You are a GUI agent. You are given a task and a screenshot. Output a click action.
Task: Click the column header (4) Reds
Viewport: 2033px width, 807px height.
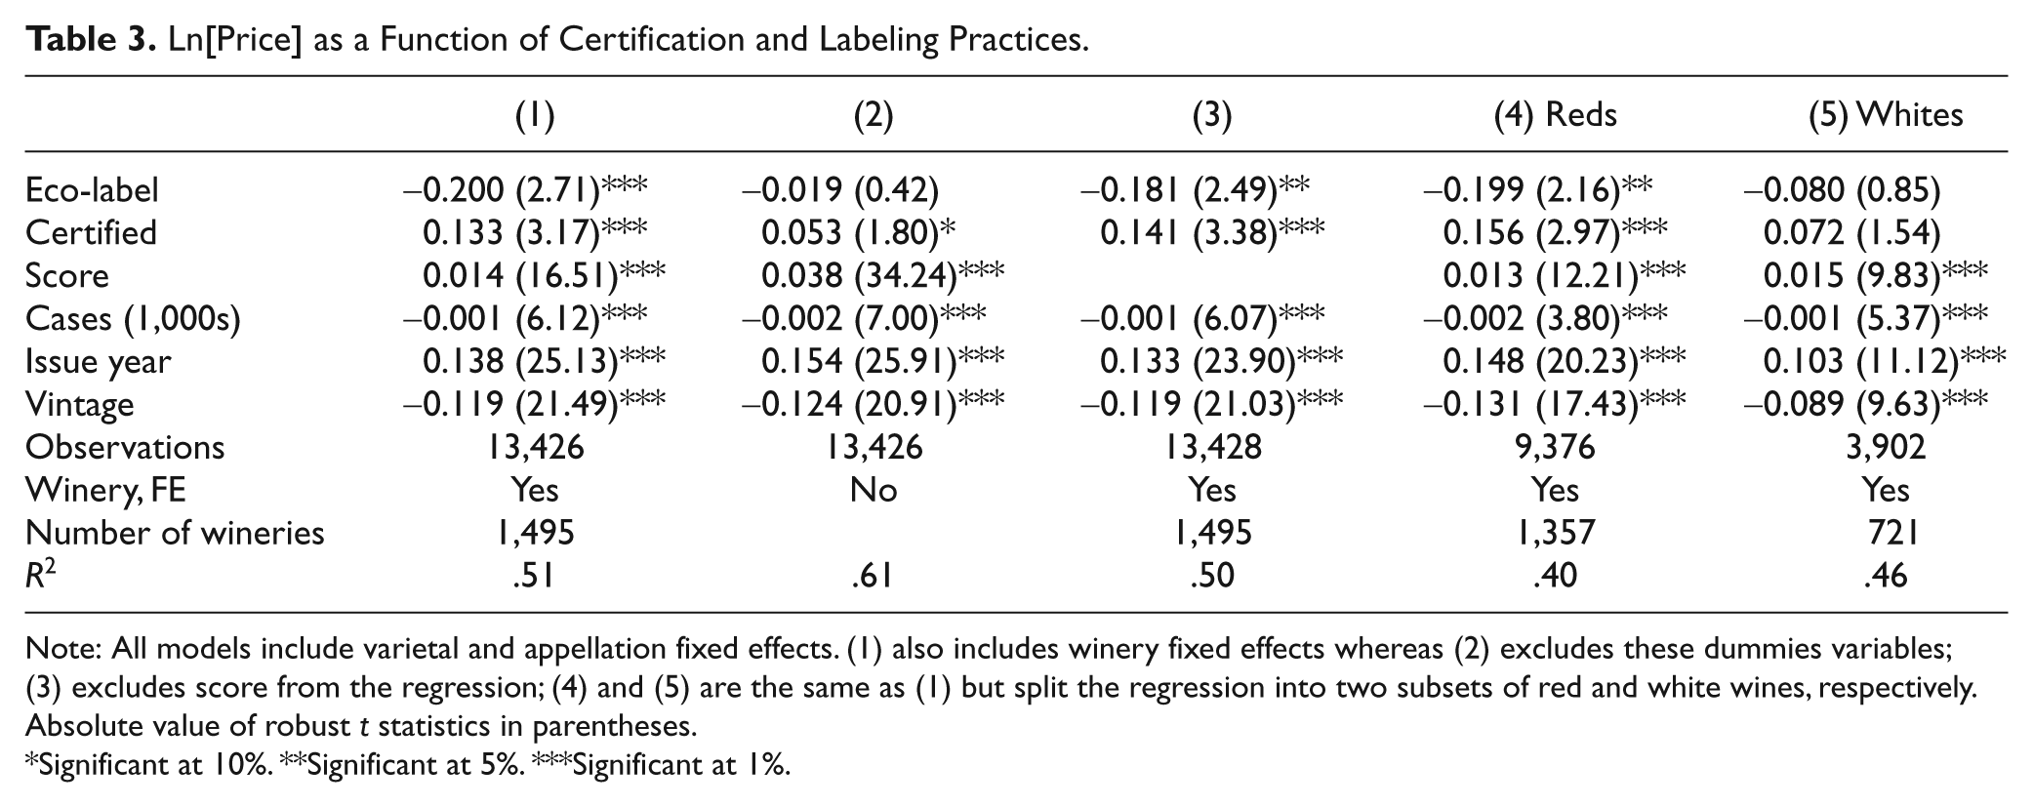click(1556, 115)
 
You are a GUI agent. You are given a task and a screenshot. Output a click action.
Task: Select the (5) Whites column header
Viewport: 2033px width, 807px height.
click(1886, 115)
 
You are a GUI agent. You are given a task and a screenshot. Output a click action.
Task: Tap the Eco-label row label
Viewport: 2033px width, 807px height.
click(92, 189)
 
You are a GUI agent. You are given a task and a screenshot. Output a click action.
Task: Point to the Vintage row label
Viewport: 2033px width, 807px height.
click(79, 404)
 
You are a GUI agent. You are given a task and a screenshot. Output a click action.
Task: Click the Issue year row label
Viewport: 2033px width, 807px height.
click(98, 361)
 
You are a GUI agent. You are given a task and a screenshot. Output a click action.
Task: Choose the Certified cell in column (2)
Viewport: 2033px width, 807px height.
click(858, 232)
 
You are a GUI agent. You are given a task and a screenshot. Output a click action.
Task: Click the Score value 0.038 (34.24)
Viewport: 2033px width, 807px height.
click(882, 275)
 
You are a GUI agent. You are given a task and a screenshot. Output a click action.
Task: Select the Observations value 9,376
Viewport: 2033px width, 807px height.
click(1556, 447)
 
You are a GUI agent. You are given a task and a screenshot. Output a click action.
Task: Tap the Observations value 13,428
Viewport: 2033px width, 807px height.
click(1213, 447)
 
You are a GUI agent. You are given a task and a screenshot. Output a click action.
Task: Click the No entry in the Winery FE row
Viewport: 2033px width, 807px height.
click(874, 489)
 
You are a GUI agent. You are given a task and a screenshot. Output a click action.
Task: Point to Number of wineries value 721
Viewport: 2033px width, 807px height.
click(1886, 532)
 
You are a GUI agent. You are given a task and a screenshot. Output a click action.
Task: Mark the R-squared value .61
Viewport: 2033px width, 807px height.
click(874, 575)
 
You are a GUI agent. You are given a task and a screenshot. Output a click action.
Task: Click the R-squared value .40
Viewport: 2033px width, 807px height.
click(1556, 575)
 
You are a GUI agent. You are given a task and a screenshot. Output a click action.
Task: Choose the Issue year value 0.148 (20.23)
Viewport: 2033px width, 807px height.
click(1565, 361)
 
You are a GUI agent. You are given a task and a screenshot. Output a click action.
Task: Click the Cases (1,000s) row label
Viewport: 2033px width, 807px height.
click(133, 318)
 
